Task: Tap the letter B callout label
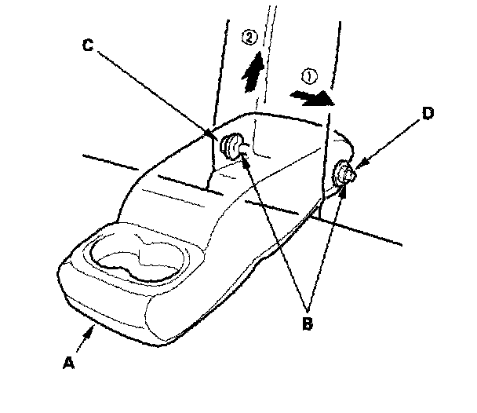(309, 322)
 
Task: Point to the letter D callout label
(427, 112)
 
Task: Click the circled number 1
(308, 77)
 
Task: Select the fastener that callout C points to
(233, 145)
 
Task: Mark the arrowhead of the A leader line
(93, 332)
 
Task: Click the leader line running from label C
(157, 94)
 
